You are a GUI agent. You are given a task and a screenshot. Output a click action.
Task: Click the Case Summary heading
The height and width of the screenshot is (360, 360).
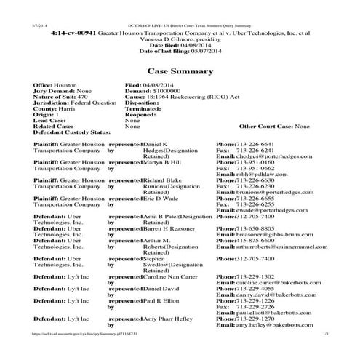pos(180,71)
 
